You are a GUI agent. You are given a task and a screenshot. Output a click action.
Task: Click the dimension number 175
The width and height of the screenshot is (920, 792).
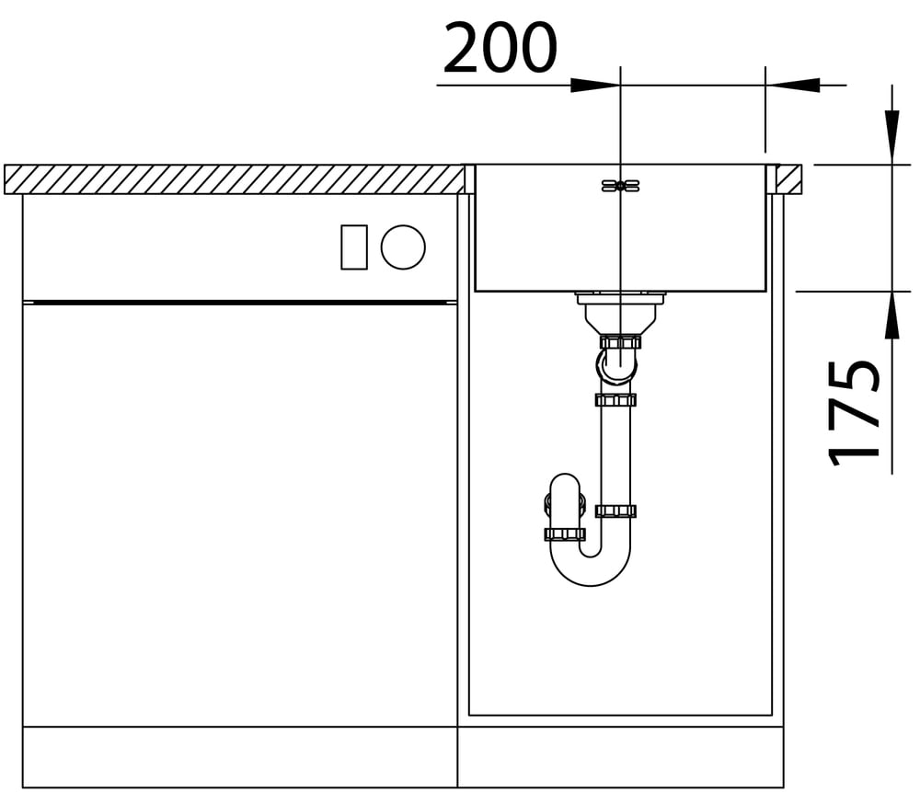click(854, 413)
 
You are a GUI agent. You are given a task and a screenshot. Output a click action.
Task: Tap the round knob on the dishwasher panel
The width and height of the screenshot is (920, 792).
click(403, 247)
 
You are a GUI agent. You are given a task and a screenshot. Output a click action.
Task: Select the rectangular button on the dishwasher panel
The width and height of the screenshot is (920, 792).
click(354, 247)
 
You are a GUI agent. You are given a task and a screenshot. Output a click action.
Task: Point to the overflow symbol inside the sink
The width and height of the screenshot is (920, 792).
click(620, 186)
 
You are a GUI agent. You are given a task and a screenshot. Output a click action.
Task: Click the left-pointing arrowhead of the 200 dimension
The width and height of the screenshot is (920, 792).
click(792, 85)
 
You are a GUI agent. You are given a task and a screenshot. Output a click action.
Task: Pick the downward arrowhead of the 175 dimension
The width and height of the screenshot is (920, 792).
click(891, 136)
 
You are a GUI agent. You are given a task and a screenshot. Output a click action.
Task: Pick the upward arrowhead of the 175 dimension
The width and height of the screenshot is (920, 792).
click(891, 316)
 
